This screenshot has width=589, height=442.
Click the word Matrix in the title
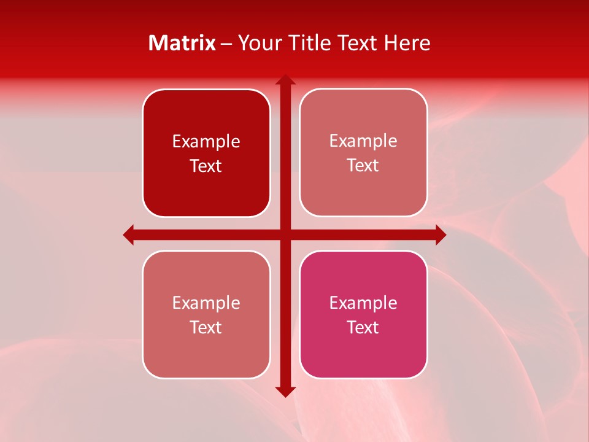[182, 43]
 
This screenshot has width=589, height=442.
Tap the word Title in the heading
[308, 43]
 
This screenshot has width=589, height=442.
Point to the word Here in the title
[407, 43]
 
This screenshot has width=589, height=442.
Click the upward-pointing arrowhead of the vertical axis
[285, 80]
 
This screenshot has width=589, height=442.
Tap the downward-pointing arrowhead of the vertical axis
[285, 391]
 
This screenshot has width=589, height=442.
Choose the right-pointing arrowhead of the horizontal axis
[440, 235]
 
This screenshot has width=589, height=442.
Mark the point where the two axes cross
[285, 235]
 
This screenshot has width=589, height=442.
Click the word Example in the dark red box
[206, 142]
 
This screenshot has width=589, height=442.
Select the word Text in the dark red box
[206, 166]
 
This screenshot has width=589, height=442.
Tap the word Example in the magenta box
[363, 303]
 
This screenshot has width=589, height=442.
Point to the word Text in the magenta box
[363, 327]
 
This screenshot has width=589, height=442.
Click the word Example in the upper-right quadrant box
[363, 141]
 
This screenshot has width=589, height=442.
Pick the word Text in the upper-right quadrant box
[363, 166]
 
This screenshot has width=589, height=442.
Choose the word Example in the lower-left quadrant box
[206, 303]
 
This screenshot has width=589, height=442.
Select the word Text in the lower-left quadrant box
[206, 327]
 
